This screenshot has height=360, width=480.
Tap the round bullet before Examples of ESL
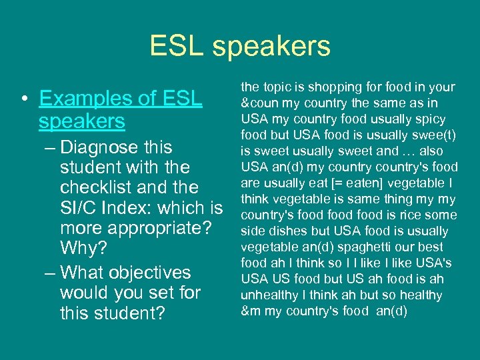[25, 99]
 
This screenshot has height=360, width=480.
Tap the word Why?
[83, 248]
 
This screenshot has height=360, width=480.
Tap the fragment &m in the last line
[249, 311]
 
